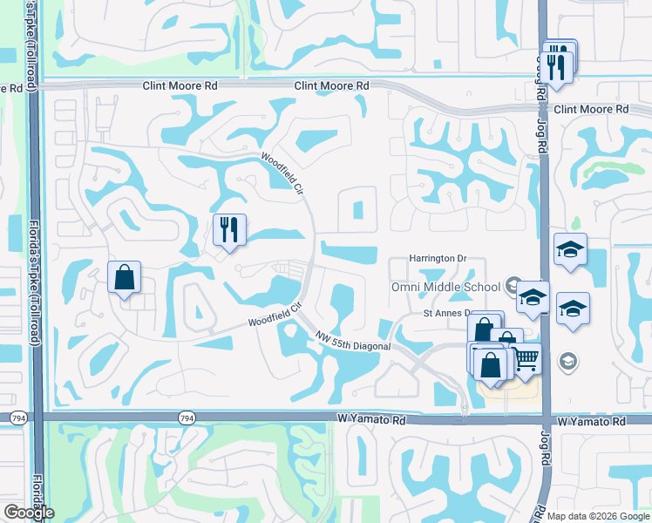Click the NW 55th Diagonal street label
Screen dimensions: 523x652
click(x=353, y=339)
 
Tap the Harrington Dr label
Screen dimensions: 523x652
click(x=438, y=259)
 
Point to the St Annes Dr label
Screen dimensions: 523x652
click(x=446, y=313)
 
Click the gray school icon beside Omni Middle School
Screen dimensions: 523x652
click(x=513, y=287)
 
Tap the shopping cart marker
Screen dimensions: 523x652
click(x=526, y=359)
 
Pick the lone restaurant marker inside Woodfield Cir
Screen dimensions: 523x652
click(x=230, y=231)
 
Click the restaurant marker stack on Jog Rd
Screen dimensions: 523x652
click(x=559, y=63)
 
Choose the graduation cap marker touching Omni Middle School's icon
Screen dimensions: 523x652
click(x=533, y=298)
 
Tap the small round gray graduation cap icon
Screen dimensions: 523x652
click(x=567, y=361)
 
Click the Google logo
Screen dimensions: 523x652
click(x=29, y=512)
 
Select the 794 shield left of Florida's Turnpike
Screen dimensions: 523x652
click(x=17, y=419)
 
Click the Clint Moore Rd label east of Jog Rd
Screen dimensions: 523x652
click(x=591, y=109)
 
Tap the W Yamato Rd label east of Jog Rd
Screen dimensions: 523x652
click(x=593, y=422)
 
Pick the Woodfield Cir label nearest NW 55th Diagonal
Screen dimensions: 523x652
click(x=274, y=316)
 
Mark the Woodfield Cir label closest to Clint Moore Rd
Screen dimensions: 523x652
click(x=280, y=170)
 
